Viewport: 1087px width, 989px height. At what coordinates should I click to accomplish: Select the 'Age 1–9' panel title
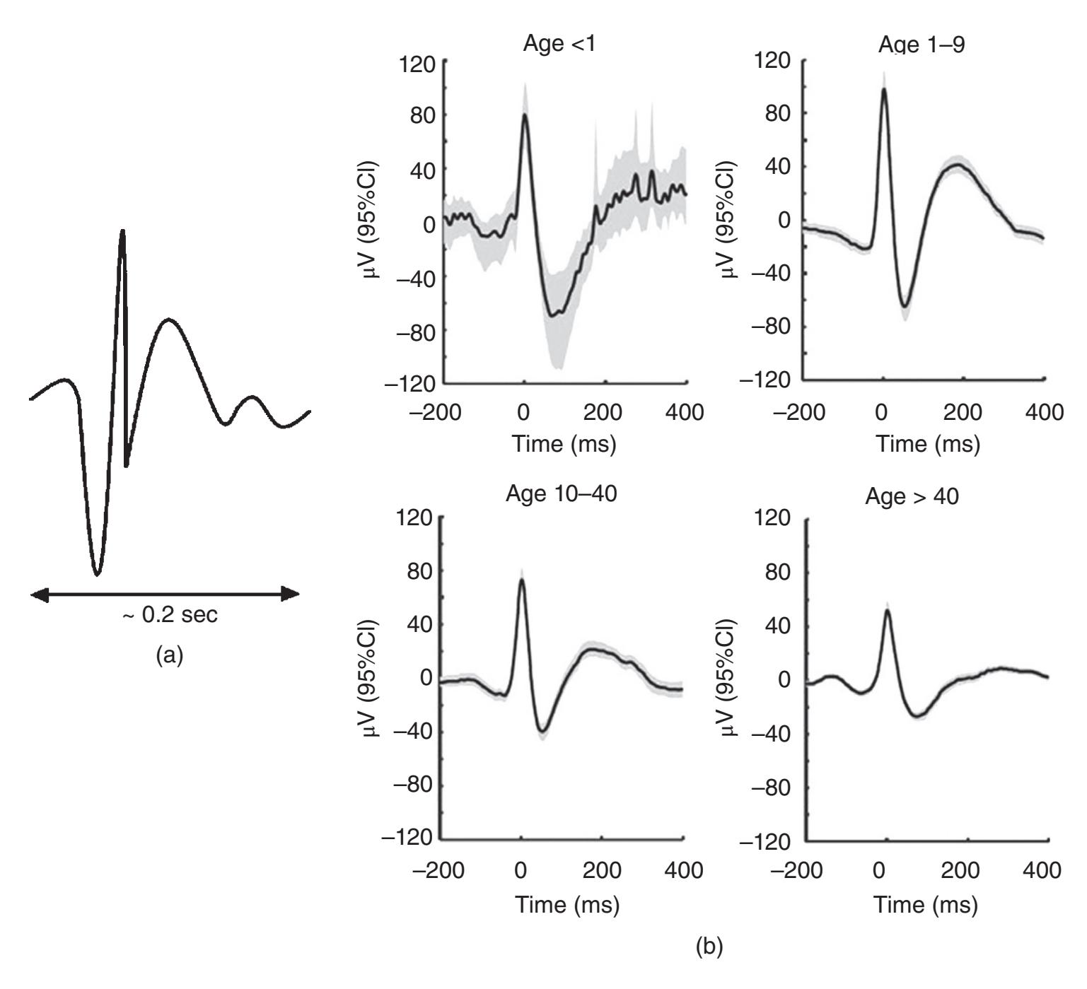pyautogui.click(x=922, y=45)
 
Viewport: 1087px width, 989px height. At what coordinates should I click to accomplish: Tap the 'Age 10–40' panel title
pyautogui.click(x=561, y=493)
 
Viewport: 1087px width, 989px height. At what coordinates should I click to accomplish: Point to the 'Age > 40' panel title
pyautogui.click(x=912, y=496)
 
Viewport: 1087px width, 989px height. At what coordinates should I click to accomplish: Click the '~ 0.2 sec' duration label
pyautogui.click(x=170, y=615)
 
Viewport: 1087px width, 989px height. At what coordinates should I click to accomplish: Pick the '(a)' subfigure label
pyautogui.click(x=169, y=655)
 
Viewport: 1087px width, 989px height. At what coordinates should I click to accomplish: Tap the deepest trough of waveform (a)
pyautogui.click(x=97, y=573)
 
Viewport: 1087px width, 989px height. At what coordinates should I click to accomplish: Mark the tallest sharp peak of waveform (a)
pyautogui.click(x=123, y=232)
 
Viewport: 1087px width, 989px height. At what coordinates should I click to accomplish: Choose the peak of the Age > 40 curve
pyautogui.click(x=888, y=610)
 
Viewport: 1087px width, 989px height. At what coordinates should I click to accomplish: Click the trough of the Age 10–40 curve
pyautogui.click(x=542, y=730)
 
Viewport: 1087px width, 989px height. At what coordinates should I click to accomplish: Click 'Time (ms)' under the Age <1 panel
pyautogui.click(x=564, y=444)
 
